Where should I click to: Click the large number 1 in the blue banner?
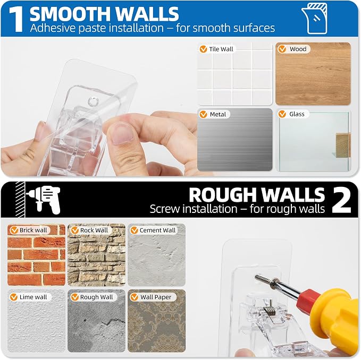pos(16,20)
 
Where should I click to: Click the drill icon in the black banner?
pos(44,199)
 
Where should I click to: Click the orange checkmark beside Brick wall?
pos(14,230)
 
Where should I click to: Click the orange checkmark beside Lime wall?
pos(14,297)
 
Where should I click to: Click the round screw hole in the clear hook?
pos(93,101)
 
